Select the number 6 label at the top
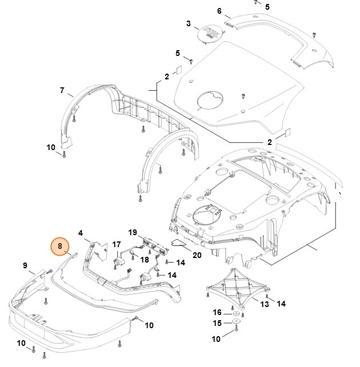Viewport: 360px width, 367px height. (219, 11)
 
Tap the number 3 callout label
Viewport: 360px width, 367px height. (189, 23)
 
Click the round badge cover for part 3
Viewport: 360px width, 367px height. (209, 33)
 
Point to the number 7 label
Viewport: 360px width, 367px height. (62, 90)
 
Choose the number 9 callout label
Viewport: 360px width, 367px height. (25, 265)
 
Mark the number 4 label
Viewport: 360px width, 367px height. (81, 233)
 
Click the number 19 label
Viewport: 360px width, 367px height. (132, 233)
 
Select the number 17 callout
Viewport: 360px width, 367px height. (117, 245)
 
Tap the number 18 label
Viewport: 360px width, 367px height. (145, 259)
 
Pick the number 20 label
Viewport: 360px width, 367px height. (197, 255)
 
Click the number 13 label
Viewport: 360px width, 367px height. (265, 304)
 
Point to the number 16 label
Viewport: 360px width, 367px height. (217, 312)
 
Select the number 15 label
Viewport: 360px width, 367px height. (217, 324)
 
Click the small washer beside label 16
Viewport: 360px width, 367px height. (235, 313)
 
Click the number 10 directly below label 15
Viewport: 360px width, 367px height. (217, 339)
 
